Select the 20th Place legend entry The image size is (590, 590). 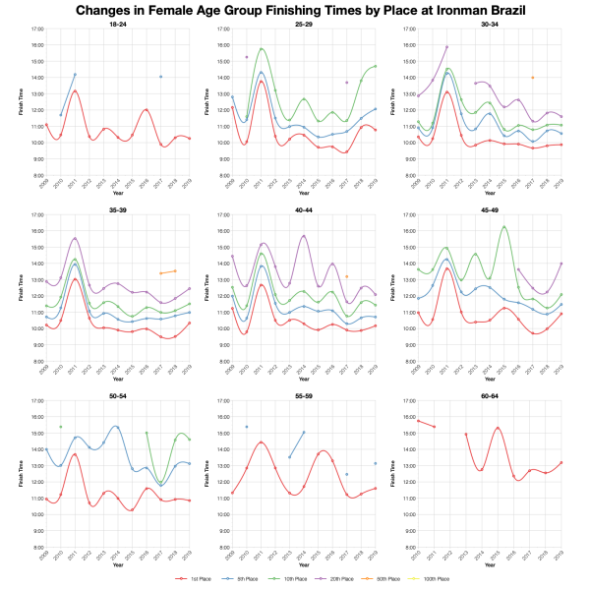coord(346,579)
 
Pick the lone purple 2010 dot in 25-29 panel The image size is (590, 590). coord(247,57)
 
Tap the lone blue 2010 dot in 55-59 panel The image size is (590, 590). coord(247,427)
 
